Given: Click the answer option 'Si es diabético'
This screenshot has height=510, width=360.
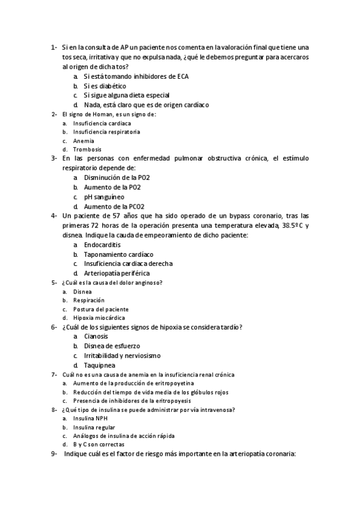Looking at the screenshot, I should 105,86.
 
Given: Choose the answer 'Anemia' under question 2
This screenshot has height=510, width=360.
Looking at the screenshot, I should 84,140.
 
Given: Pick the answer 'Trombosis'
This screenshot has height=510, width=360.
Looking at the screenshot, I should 87,149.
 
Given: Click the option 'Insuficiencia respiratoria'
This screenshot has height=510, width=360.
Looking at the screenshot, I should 106,131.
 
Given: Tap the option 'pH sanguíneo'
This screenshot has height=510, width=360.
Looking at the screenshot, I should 104,197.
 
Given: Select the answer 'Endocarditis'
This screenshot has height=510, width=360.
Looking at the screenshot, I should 102,245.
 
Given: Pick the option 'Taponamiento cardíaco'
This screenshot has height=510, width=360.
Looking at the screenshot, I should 118,254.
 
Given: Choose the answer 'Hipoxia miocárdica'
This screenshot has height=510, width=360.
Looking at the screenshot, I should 99,318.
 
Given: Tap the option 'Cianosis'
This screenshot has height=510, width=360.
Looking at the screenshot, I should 96,336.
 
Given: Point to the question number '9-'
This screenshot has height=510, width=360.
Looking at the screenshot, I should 54,454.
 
